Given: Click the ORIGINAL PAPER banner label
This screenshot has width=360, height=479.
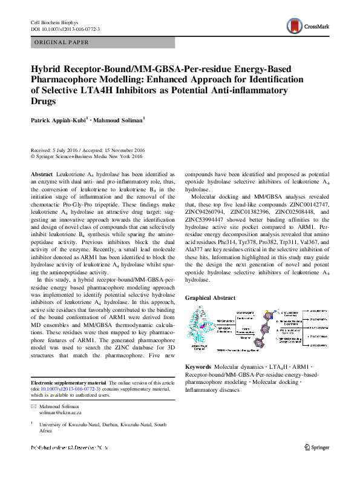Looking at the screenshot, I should point(62,42).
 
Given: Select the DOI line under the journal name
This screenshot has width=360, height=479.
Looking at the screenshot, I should point(65,29).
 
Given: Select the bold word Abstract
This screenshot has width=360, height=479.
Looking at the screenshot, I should point(41,174).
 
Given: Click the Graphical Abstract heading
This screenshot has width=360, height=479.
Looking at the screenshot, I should point(211,298).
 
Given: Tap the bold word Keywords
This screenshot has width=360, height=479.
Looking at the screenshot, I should point(198,367).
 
